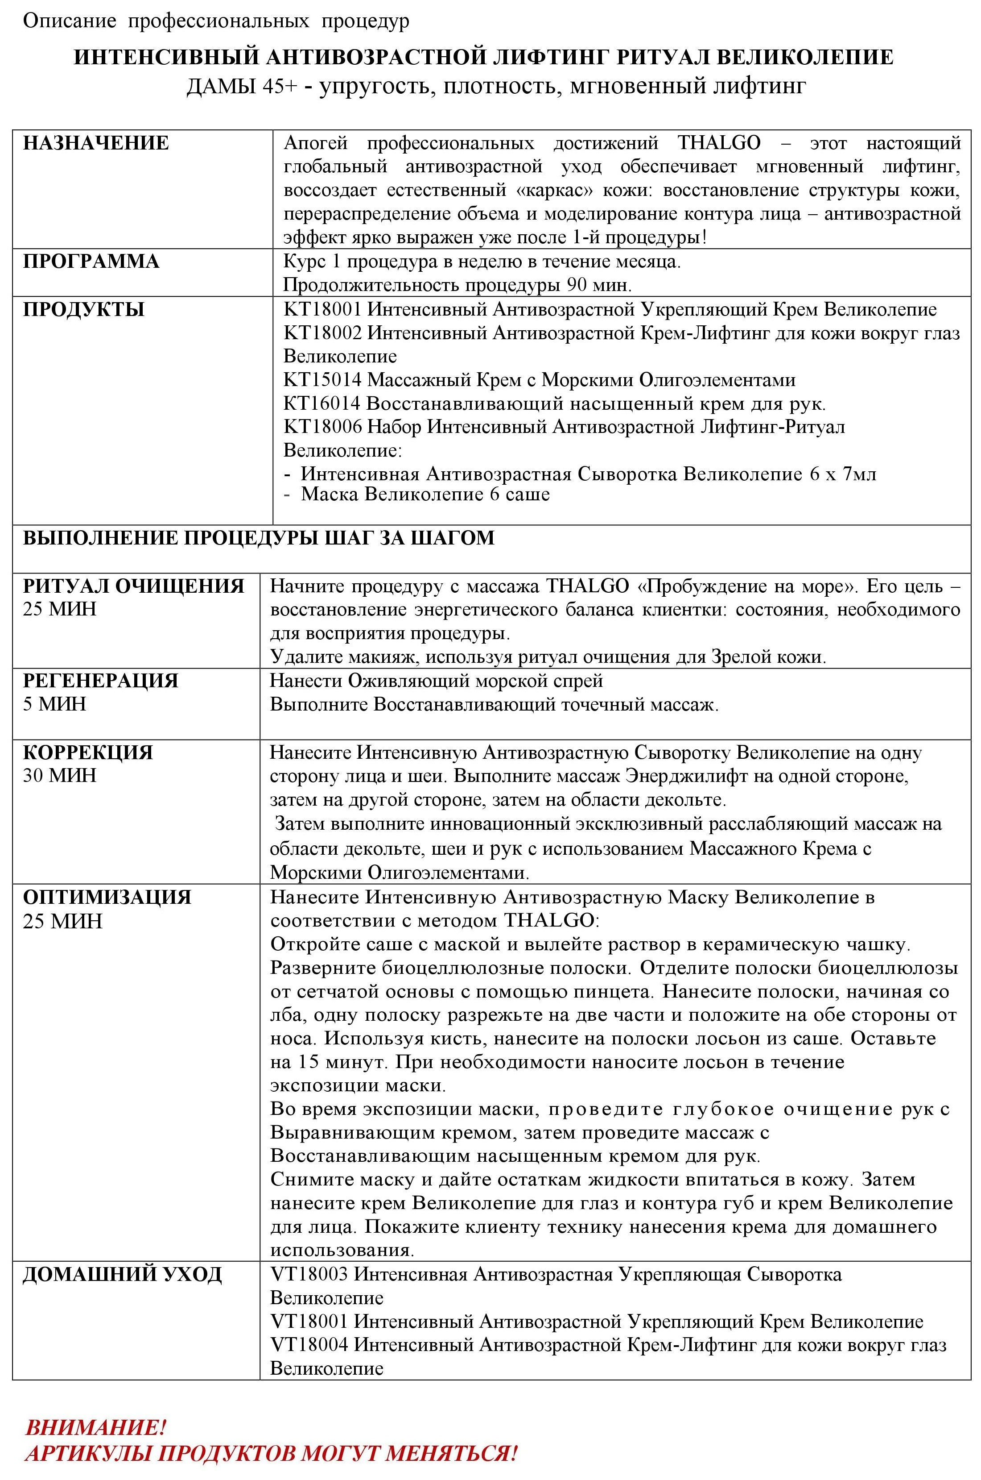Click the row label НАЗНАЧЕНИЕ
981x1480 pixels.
pyautogui.click(x=96, y=143)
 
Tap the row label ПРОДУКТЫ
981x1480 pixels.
pyautogui.click(x=84, y=309)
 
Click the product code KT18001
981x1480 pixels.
pyautogui.click(x=322, y=309)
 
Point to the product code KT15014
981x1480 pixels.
pyautogui.click(x=322, y=379)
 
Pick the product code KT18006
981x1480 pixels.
pyautogui.click(x=322, y=427)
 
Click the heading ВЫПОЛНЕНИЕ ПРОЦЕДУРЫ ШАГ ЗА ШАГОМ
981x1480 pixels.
pyautogui.click(x=258, y=538)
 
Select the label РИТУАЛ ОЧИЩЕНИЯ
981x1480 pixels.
pyautogui.click(x=134, y=586)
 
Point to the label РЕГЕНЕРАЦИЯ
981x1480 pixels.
pyautogui.click(x=101, y=681)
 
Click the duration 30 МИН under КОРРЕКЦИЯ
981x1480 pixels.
pyautogui.click(x=60, y=776)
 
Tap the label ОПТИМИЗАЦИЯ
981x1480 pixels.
pyautogui.click(x=107, y=897)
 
